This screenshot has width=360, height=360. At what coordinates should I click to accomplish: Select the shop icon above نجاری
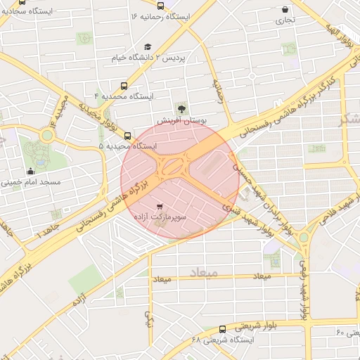[285, 10]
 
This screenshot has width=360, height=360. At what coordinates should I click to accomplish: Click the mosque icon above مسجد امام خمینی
[30, 171]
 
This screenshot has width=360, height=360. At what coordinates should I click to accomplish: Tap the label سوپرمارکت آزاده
[160, 219]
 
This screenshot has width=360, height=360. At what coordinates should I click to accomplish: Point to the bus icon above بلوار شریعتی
[223, 328]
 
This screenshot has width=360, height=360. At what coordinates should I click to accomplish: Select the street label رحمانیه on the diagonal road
[220, 91]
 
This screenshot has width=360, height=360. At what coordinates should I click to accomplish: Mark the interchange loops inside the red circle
[172, 167]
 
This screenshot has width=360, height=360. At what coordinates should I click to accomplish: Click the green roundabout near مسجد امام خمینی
[46, 135]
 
